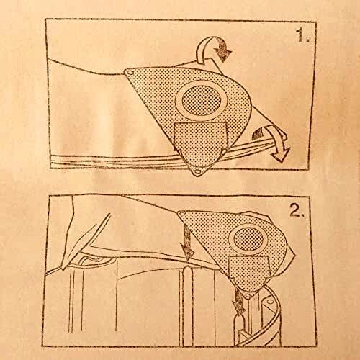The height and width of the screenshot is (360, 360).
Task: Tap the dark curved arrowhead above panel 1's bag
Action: click(x=222, y=50)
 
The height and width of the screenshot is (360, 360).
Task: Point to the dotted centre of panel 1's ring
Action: click(x=202, y=100)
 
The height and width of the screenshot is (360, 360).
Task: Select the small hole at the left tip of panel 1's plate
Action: click(x=130, y=72)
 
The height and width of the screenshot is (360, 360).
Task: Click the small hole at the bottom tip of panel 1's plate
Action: click(x=198, y=171)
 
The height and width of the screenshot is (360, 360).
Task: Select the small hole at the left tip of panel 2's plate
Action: click(x=182, y=214)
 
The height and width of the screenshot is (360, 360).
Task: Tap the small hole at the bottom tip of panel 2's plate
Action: click(x=248, y=294)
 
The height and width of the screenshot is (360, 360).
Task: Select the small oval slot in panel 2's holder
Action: click(x=270, y=301)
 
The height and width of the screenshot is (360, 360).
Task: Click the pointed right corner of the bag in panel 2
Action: click(x=294, y=255)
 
